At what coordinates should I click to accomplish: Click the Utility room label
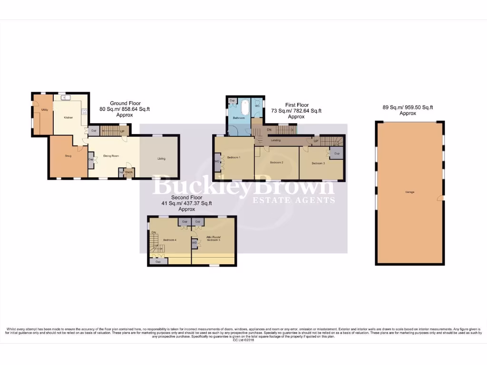(x=44, y=110)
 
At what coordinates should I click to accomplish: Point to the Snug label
(x=68, y=155)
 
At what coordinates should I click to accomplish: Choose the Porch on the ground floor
(x=129, y=172)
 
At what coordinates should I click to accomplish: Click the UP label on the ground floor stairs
(x=122, y=131)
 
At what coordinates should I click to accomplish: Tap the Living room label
(x=162, y=159)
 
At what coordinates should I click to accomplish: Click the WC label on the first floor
(x=257, y=106)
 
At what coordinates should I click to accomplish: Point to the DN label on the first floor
(x=269, y=130)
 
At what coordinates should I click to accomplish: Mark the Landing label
(x=275, y=140)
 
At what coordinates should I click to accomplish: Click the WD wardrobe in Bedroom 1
(x=217, y=161)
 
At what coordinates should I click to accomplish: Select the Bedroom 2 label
(x=276, y=163)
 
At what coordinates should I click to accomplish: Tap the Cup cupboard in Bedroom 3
(x=337, y=154)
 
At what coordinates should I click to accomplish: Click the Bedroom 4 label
(x=170, y=240)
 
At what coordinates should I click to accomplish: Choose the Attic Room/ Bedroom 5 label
(x=213, y=239)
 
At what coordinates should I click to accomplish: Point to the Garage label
(x=409, y=192)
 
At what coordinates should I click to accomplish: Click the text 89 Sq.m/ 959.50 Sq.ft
(x=408, y=107)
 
